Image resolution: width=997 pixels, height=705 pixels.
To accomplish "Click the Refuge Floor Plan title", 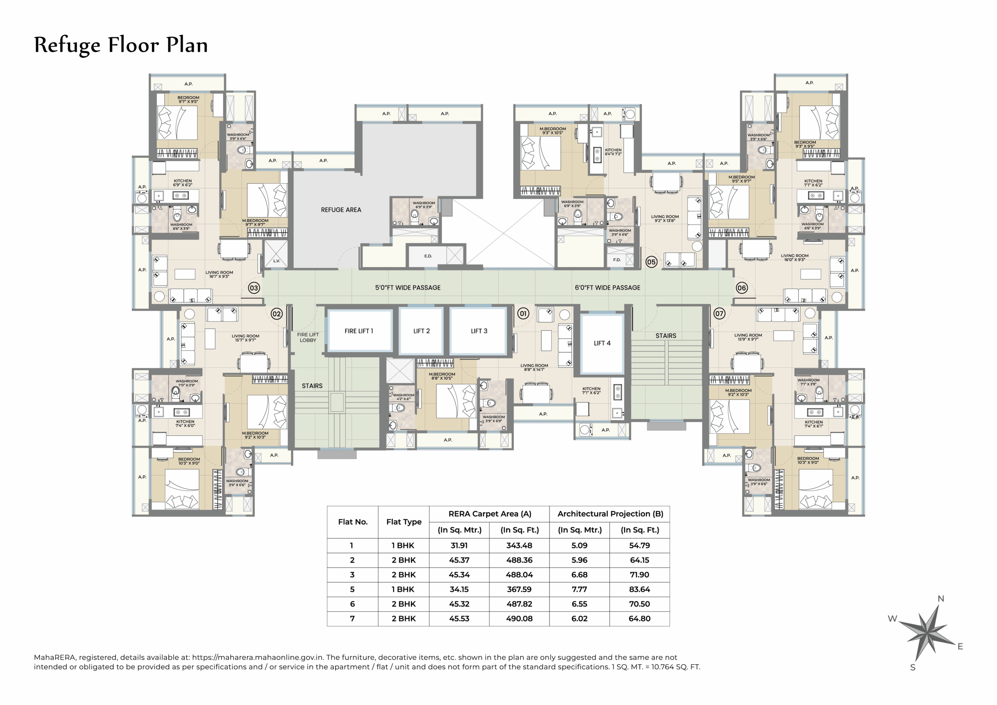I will point(121,45).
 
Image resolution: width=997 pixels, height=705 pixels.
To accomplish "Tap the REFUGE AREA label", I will point(341,210).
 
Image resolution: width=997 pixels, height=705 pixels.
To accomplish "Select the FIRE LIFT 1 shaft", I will point(359,331).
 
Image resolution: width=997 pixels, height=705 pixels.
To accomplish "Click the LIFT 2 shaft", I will point(421,331).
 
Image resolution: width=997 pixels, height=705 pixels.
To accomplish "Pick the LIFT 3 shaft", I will point(479,331).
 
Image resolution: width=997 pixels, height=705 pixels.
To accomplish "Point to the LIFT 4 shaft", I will point(602,343).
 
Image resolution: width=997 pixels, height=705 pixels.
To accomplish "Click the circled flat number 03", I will point(254,288).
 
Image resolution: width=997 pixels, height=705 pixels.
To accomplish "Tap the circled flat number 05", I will point(651,262).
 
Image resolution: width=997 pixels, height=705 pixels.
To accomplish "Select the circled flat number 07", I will point(720,314).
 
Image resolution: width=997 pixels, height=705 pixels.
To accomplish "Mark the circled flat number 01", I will point(523,314).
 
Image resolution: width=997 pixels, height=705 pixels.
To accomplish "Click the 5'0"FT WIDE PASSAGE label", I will point(408,287).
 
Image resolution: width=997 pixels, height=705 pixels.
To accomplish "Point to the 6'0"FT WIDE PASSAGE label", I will point(607,287).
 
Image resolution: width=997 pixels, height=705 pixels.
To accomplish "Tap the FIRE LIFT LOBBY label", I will point(308,338).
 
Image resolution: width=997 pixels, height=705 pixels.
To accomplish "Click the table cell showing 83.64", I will point(639,589).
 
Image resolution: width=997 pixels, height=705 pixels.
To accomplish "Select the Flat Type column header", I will point(404,522).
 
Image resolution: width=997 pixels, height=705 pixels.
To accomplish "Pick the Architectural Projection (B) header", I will point(610,514).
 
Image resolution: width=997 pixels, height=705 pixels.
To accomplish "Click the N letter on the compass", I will point(941,599).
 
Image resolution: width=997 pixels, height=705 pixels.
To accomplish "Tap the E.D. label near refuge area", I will point(428,256).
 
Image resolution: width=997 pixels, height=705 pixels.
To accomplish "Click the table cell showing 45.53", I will point(459,619).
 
